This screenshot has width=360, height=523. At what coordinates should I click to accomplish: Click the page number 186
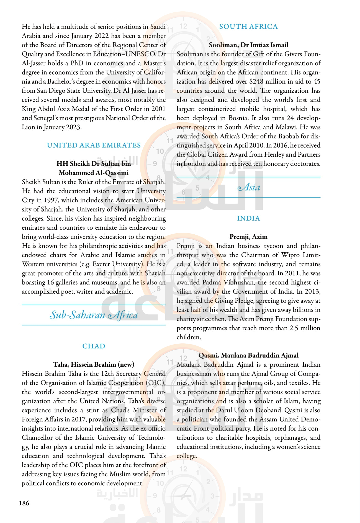point(24,503)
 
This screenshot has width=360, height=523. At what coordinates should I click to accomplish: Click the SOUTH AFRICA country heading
point(248,27)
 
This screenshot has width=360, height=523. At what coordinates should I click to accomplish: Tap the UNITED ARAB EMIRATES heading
point(94,145)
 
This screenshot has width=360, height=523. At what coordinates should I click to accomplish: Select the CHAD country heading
point(94,346)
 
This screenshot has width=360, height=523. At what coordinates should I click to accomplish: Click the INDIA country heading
point(248,218)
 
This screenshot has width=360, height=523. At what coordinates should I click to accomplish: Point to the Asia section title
point(249,187)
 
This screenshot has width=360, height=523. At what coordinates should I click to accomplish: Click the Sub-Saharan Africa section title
point(94,315)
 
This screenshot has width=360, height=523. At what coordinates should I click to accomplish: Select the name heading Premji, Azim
point(248,237)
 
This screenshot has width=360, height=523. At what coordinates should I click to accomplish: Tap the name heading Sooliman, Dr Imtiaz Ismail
point(248,45)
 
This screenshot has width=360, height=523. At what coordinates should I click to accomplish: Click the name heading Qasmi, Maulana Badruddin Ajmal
point(248,355)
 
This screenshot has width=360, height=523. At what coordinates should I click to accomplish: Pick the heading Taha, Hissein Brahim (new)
point(94,364)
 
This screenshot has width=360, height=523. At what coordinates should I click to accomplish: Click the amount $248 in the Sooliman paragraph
point(256,81)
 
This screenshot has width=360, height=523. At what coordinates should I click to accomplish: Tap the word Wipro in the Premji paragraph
point(290,255)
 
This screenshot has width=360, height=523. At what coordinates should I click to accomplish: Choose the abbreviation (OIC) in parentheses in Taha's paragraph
point(156,383)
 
